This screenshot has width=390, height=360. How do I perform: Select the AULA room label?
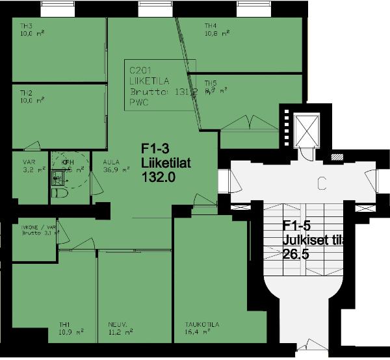[x=111, y=162]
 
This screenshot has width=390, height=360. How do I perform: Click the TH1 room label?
[x=64, y=324]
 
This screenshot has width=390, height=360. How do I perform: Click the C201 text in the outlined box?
[x=141, y=70]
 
